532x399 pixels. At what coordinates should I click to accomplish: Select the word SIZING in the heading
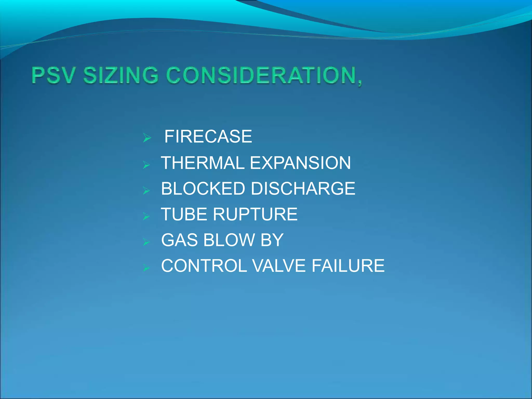[x=121, y=75]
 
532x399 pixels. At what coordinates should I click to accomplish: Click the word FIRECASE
[x=208, y=137]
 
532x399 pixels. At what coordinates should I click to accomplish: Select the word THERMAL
[x=203, y=163]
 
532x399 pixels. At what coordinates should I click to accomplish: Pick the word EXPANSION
[x=300, y=163]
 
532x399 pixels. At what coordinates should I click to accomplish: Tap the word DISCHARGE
[x=303, y=189]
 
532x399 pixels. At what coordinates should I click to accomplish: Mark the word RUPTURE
[x=255, y=215]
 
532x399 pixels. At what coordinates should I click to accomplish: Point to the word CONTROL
[x=204, y=266]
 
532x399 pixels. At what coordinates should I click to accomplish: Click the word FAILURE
[x=348, y=266]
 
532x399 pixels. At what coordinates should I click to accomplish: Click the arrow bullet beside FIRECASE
[x=147, y=138]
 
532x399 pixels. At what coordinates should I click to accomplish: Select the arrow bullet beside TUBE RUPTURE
[x=147, y=216]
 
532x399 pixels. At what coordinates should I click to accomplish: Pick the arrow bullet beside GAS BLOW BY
[x=147, y=242]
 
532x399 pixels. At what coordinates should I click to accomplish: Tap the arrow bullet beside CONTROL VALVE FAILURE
[x=147, y=268]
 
